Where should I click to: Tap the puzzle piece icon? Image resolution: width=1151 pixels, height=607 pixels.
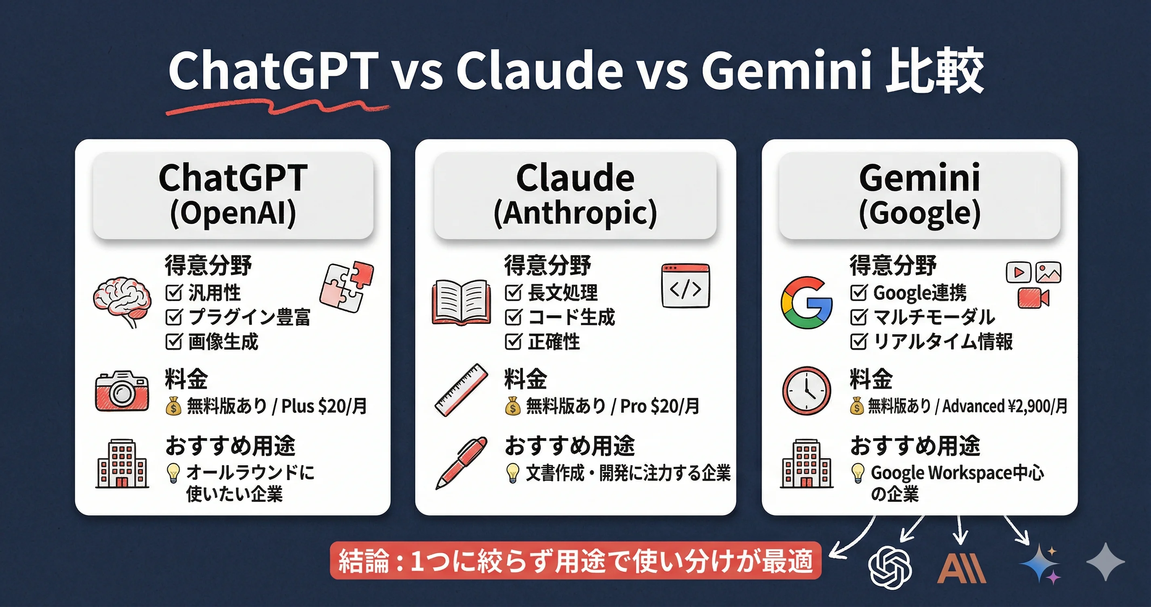pos(347,287)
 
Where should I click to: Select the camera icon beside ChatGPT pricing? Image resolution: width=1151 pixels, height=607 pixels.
pos(122,391)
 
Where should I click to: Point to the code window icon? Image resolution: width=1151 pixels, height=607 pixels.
pos(685,286)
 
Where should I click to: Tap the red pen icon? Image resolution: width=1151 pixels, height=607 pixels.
pos(462,463)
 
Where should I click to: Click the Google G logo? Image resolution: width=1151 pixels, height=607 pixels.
pos(807,303)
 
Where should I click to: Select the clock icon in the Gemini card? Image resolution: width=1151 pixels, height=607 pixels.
pos(807,391)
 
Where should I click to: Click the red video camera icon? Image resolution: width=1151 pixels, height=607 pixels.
pos(1033,298)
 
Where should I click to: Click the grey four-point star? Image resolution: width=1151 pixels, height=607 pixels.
pos(1105,561)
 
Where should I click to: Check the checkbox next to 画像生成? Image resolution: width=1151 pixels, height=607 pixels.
pos(174,341)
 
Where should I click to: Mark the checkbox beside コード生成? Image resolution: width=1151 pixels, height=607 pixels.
pos(513,317)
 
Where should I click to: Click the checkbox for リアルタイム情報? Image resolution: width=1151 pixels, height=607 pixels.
pos(858,341)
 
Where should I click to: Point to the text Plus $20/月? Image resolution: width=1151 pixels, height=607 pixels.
pos(324,406)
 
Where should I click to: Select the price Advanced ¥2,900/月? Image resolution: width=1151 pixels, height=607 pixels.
pos(1005,406)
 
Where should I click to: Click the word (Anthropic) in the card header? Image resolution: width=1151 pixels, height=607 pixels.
pos(575,213)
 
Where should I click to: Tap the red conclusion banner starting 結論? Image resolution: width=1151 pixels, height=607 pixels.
pos(575,561)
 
